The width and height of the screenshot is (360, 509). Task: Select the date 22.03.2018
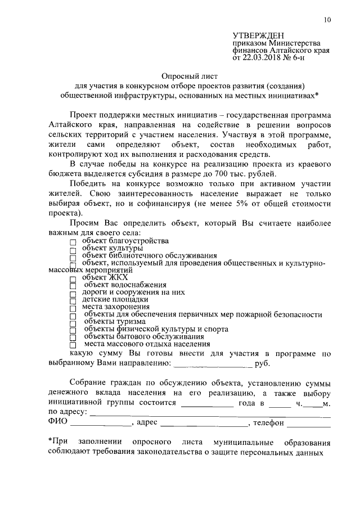click(261, 57)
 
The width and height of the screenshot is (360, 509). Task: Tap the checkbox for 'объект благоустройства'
click(73, 242)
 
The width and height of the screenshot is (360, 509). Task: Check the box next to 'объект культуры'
click(73, 249)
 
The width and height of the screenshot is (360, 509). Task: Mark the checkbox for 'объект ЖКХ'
click(73, 278)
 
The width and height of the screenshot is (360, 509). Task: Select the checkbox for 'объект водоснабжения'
click(73, 286)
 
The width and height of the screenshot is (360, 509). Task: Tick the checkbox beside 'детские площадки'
click(73, 300)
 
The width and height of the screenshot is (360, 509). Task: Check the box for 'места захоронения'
click(73, 308)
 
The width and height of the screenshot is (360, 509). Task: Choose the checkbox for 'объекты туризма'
click(73, 322)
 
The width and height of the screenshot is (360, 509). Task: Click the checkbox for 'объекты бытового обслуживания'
click(73, 337)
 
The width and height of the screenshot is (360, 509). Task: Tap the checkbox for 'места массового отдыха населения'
click(73, 344)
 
